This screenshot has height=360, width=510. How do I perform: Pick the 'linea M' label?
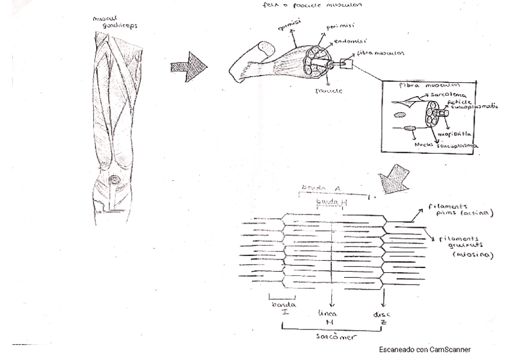331,317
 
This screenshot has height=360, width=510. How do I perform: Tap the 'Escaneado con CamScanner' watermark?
425,349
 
